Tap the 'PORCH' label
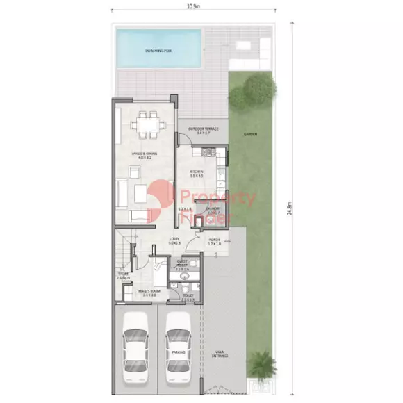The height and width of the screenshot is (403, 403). click(215, 241)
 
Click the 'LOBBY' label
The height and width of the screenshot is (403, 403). click(174, 240)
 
